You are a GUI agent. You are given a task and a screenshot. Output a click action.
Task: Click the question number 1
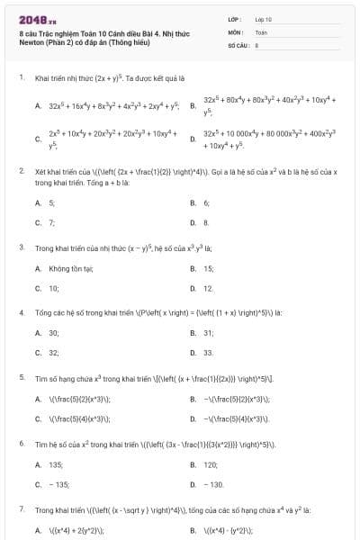pyautogui.click(x=21, y=78)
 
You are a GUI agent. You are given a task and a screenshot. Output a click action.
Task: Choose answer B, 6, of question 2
pyautogui.click(x=206, y=203)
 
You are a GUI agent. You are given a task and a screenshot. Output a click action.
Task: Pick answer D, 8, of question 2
pyautogui.click(x=206, y=221)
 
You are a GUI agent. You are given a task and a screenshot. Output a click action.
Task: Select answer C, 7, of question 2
pyautogui.click(x=51, y=221)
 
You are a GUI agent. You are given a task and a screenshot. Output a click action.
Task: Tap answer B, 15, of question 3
pyautogui.click(x=208, y=268)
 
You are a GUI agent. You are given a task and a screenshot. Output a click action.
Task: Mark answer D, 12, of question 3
pyautogui.click(x=208, y=288)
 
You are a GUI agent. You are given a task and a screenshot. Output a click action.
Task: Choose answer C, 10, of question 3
pyautogui.click(x=53, y=288)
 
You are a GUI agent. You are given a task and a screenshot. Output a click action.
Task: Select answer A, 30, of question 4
pyautogui.click(x=53, y=333)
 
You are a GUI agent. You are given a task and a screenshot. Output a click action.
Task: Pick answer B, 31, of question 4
pyautogui.click(x=208, y=333)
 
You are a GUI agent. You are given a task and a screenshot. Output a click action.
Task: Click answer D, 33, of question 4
pyautogui.click(x=208, y=353)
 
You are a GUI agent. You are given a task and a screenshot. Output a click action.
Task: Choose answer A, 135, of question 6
pyautogui.click(x=55, y=464)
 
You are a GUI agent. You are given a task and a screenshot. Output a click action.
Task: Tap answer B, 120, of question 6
pyautogui.click(x=211, y=464)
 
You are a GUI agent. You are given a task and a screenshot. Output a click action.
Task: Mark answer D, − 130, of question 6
pyautogui.click(x=212, y=484)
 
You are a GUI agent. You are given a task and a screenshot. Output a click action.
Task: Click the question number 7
pyautogui.click(x=21, y=509)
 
